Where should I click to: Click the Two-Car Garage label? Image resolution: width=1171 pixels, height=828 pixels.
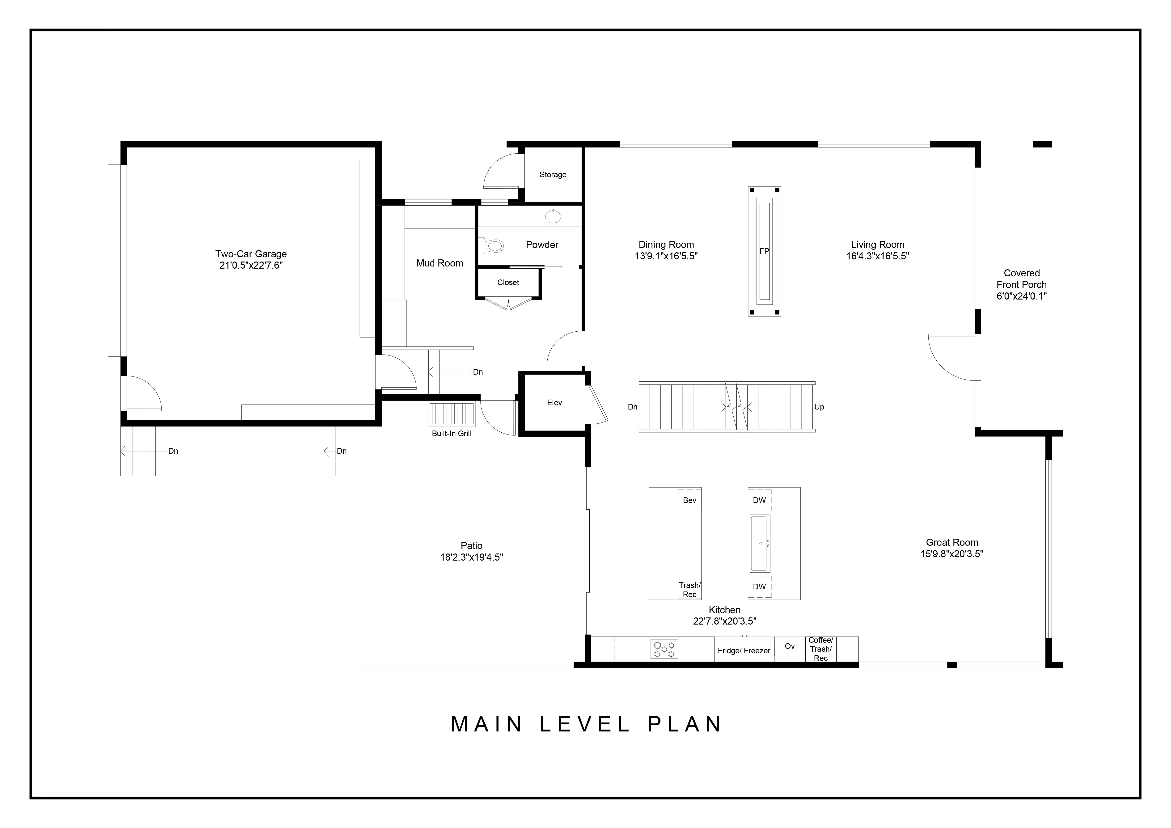coord(251,254)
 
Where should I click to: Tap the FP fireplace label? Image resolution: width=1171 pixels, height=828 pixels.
coord(764,251)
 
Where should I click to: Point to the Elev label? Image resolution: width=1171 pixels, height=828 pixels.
coord(554,403)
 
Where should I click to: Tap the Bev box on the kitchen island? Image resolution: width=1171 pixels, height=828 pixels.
coord(689,500)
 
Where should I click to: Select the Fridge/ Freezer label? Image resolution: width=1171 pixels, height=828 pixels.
coord(744,651)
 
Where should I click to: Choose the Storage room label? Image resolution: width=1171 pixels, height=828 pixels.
coord(553,174)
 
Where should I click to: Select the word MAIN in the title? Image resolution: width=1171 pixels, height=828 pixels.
coord(487,725)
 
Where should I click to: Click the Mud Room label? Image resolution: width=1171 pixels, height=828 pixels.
coord(440,263)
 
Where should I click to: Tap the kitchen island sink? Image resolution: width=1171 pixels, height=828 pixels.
coord(760,544)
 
